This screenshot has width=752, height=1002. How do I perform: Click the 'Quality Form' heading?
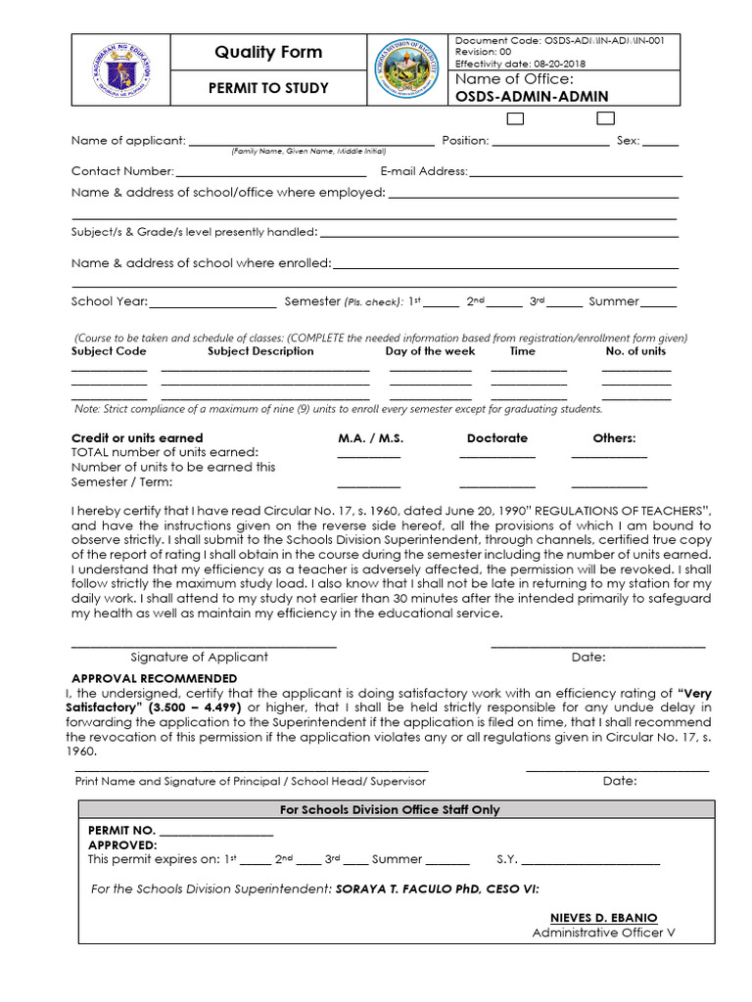[x=268, y=52]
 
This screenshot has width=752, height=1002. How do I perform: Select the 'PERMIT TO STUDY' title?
[x=267, y=88]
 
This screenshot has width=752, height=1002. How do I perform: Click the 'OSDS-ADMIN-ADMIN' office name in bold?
[x=532, y=96]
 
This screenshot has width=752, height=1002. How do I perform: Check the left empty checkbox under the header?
[x=515, y=118]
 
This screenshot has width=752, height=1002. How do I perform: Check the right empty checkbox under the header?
[x=605, y=118]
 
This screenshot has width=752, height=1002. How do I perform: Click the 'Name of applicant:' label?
[x=128, y=140]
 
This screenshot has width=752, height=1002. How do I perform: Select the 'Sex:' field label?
[x=628, y=140]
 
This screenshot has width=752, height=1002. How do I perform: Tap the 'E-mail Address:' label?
[x=424, y=171]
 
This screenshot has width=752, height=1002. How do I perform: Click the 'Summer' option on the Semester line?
[x=614, y=301]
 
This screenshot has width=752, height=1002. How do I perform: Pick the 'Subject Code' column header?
[x=109, y=350]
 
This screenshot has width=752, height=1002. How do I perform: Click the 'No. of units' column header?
[x=635, y=350]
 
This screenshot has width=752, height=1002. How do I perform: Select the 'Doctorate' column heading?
[x=496, y=438]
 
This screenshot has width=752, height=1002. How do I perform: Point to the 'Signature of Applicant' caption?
[x=199, y=657]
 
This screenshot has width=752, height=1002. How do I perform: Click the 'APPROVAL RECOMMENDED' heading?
[x=155, y=678]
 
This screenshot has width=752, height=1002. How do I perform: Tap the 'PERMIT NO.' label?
[x=122, y=830]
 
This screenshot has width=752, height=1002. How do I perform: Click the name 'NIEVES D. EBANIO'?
[x=603, y=918]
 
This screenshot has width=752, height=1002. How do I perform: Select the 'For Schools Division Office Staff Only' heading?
[x=390, y=809]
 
